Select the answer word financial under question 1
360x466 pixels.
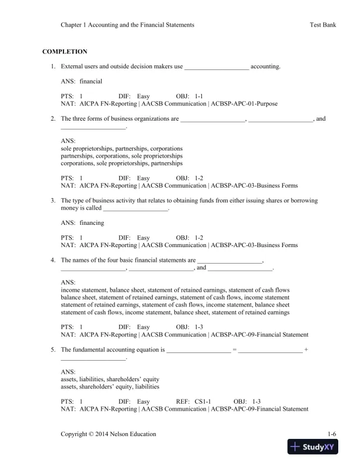[x=91, y=81]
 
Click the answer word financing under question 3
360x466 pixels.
[x=91, y=223]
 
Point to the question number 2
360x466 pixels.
[x=53, y=118]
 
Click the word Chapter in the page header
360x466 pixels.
[x=73, y=25]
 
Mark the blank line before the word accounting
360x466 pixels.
[x=216, y=68]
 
